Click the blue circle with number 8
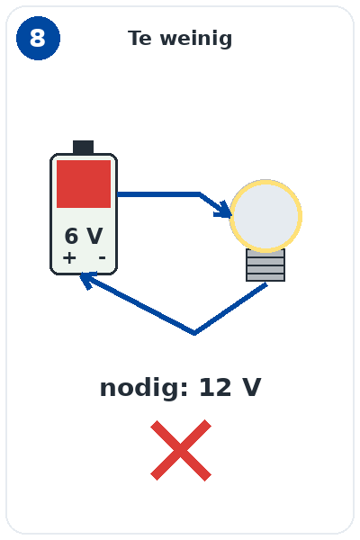coord(38,38)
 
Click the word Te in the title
coord(139,38)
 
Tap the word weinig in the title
coord(196,39)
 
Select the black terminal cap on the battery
coord(83,148)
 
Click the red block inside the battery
coord(84,184)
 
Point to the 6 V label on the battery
coord(84,236)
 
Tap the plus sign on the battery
coord(69,257)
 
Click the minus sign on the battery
coord(102,257)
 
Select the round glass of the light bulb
coord(266,216)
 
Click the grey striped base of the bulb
coord(265,265)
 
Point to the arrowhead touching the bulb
coord(223,210)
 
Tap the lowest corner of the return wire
coord(194,333)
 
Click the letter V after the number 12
coord(251,387)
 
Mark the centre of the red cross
coord(181,450)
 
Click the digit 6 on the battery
coord(71,236)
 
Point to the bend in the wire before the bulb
coord(200,194)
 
